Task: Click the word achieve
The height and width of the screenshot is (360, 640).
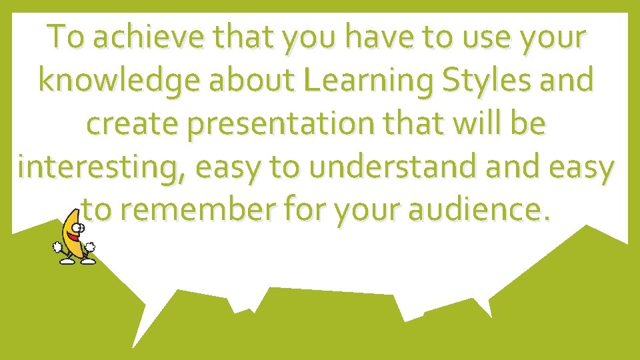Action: tap(134, 39)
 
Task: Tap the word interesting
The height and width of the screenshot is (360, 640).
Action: tap(102, 167)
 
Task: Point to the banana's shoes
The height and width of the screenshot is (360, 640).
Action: tap(77, 261)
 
